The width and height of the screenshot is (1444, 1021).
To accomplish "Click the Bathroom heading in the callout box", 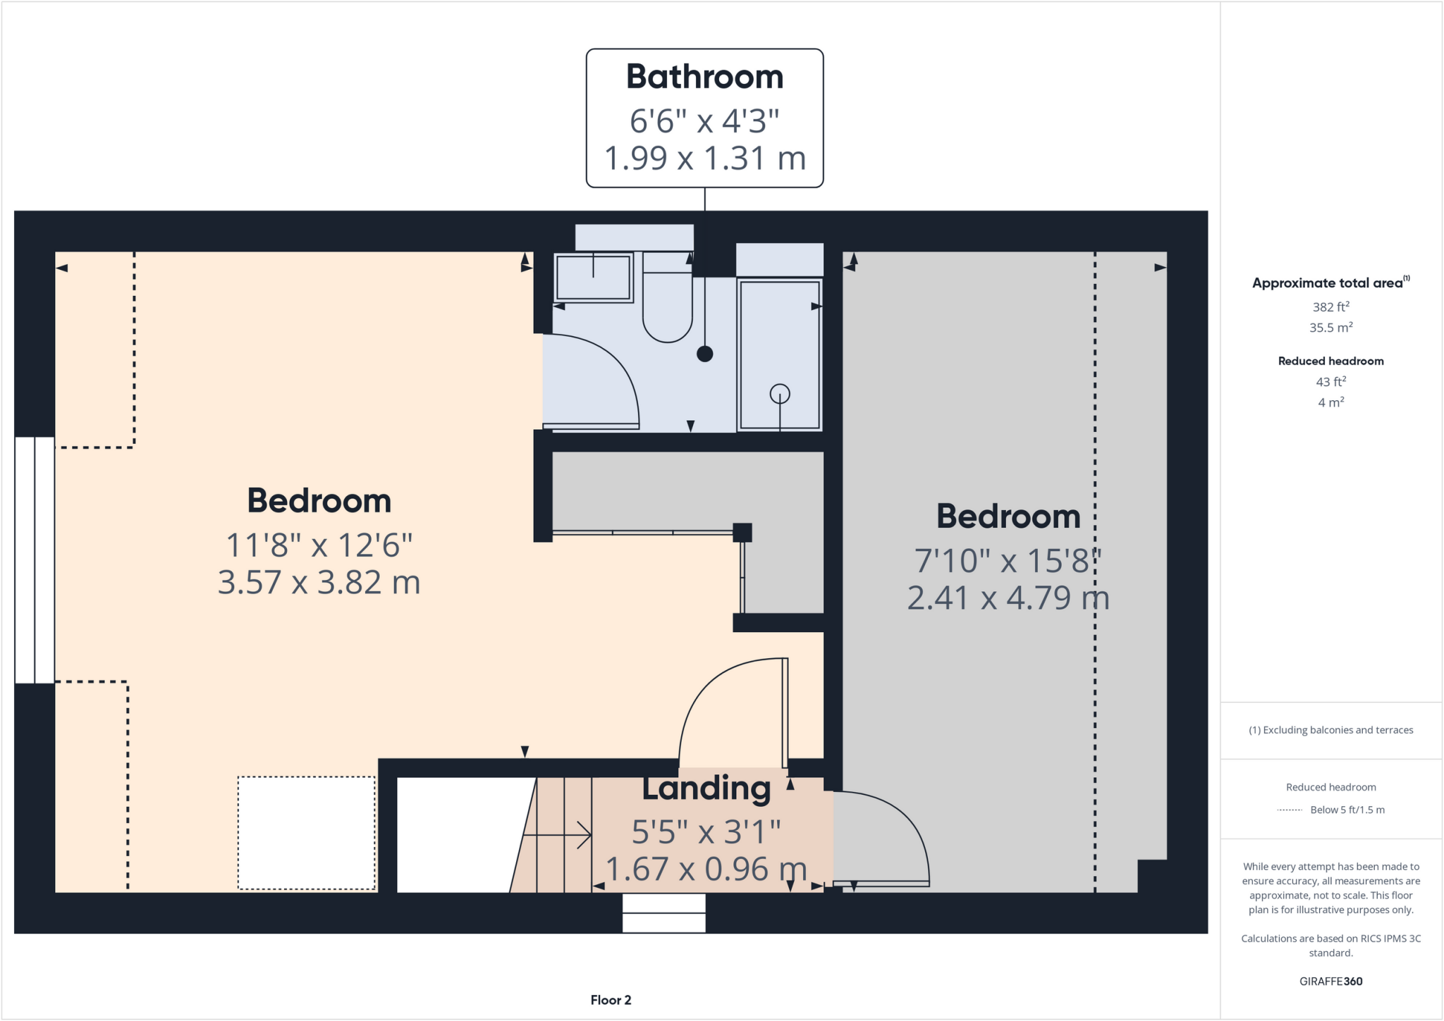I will pos(704,77).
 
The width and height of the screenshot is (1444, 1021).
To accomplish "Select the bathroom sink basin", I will pos(593,278).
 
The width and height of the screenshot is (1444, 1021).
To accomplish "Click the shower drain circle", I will pos(780,393).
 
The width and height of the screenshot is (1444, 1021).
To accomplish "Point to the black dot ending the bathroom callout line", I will pos(704,354).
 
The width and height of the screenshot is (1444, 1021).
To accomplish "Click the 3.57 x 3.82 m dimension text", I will pos(319,583).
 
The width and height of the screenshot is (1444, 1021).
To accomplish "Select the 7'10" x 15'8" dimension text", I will pos(1008,561).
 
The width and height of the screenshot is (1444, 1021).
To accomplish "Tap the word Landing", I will pos(706,788).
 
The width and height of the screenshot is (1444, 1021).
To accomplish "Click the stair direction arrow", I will pos(564,835).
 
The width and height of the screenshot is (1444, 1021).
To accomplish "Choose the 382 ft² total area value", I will pos(1330,307).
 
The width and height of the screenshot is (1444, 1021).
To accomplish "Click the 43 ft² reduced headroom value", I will pos(1330,381).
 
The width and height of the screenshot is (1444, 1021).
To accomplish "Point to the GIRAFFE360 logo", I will pos(1330,981).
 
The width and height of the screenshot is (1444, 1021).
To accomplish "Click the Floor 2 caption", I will pos(611,1000).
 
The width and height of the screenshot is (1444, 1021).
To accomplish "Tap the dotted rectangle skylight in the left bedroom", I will pos(306,833).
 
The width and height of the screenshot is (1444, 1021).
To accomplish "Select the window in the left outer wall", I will pos(35,559).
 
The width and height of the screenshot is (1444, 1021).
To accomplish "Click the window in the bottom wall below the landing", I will pos(663,912).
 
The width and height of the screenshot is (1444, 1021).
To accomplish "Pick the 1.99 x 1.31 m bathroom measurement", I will pos(704,159).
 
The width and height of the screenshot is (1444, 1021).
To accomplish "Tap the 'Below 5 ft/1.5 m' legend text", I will pos(1347,810).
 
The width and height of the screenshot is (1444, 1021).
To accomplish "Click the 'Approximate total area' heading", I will pos(1327,283).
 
